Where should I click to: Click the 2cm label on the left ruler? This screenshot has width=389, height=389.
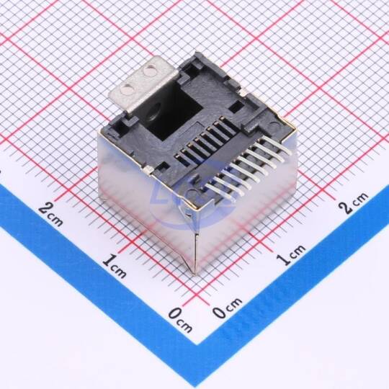pos(50,214)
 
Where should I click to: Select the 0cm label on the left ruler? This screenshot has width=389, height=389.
pos(180,321)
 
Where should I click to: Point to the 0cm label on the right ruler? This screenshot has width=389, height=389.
pos(228,308)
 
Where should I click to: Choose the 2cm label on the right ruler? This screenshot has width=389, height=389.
pos(354,202)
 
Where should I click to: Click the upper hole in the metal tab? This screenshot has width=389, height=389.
pos(150,71)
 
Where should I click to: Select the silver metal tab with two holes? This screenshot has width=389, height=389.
pos(143,85)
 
